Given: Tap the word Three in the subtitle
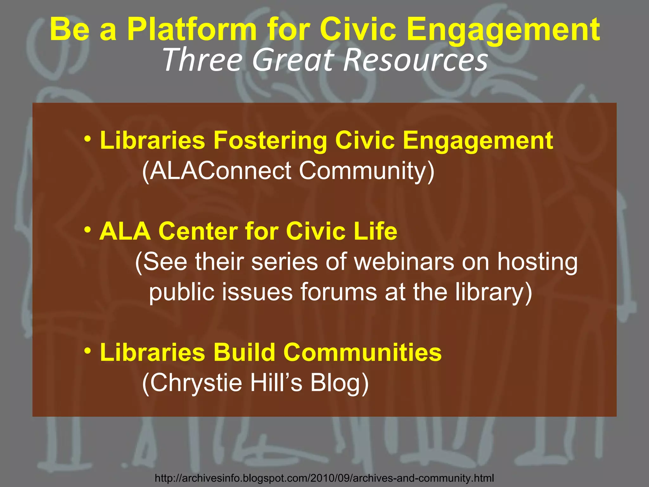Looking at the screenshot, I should [202, 60].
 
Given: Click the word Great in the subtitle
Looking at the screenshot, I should [293, 60].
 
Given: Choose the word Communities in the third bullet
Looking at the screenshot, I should [363, 353].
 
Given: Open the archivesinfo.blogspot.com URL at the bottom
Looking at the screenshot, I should [324, 478].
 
